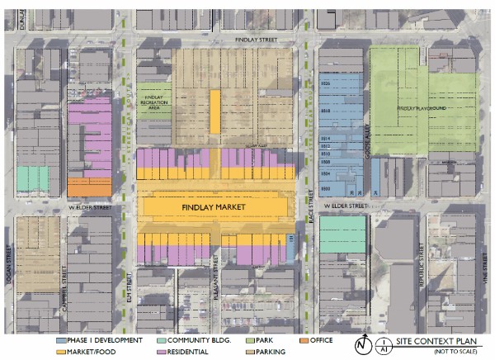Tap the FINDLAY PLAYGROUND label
click(421, 108)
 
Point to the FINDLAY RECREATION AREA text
click(153, 103)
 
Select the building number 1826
click(325, 84)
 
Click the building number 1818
click(325, 111)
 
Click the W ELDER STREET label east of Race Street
click(344, 205)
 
